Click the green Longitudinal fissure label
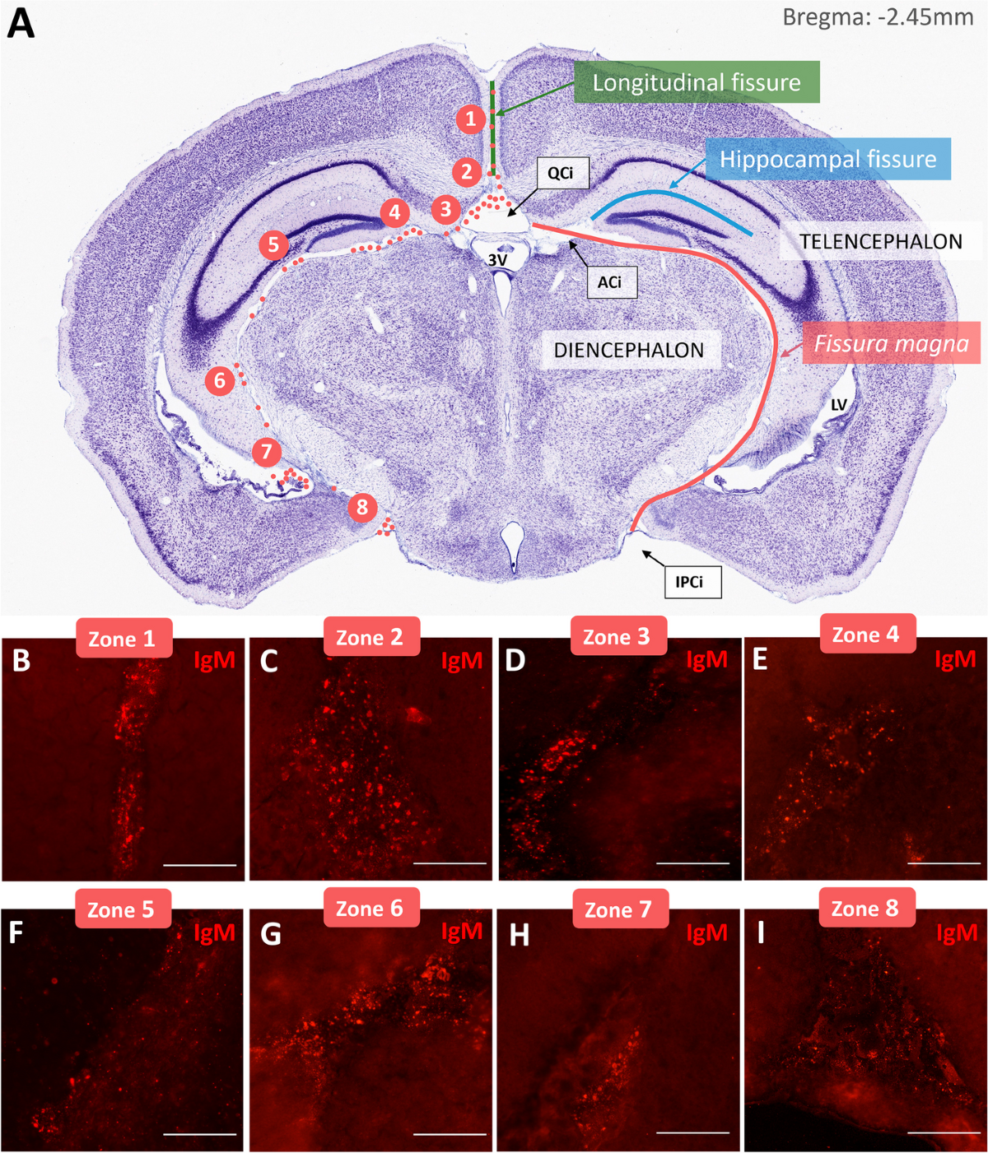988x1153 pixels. tap(697, 82)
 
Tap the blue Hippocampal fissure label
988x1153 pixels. tap(827, 159)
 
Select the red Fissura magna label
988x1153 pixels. tap(891, 343)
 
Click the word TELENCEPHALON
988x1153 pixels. tap(880, 242)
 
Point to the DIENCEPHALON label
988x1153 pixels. tap(628, 350)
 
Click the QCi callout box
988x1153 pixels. tap(560, 173)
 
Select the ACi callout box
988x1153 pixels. tap(609, 282)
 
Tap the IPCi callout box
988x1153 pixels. tap(689, 582)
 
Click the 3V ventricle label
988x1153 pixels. tap(497, 260)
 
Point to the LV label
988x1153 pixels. tap(838, 405)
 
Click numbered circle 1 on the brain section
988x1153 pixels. tap(471, 120)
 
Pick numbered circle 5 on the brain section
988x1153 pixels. tap(273, 244)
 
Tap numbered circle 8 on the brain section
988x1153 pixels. tap(362, 507)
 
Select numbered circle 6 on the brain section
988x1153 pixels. tap(220, 381)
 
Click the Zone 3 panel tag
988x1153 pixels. tap(617, 637)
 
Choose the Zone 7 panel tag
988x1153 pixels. tap(618, 910)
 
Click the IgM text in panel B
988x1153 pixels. tap(214, 660)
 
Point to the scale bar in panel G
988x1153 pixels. tap(450, 1134)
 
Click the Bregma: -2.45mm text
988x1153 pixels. tap(878, 17)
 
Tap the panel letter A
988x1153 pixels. tap(21, 23)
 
